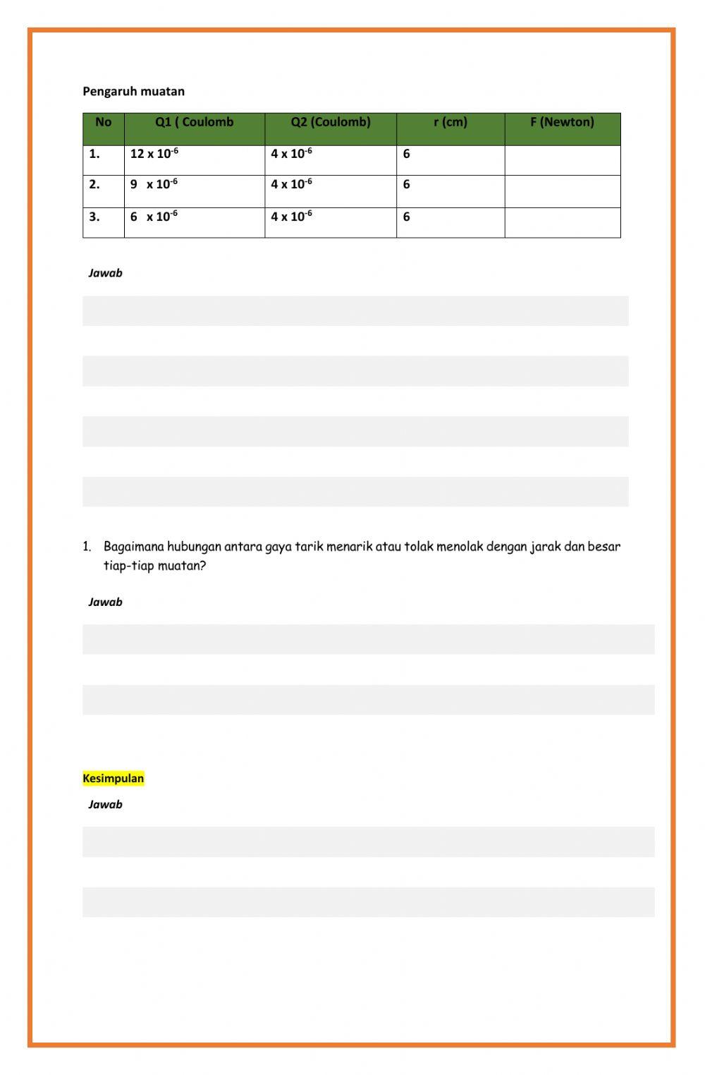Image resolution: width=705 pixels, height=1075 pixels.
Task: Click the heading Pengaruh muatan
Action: coord(133,91)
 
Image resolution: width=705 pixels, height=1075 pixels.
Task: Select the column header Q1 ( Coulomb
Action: coord(194,122)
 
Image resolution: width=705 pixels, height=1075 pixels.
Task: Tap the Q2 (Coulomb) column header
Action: coord(330,122)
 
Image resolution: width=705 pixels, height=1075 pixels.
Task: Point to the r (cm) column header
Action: coord(450,122)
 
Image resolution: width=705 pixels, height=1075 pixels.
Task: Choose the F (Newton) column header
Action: coord(562,122)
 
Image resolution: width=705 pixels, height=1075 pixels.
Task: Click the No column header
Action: coord(103,122)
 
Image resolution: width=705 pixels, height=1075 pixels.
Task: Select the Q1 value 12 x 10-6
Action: coord(154,154)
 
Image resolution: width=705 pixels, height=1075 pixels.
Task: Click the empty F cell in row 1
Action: coord(562,160)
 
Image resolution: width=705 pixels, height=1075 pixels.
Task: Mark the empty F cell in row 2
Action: coord(562,191)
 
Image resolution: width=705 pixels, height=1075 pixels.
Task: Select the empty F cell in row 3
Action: coord(562,222)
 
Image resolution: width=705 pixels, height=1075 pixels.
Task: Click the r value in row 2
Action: coord(406,185)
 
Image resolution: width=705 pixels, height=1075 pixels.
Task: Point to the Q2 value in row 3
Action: coord(291,217)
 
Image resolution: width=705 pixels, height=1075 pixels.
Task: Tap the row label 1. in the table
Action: coord(94,154)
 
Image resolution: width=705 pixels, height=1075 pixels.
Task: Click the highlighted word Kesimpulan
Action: coord(113,779)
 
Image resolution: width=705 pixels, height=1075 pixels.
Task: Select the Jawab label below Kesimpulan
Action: coord(105,804)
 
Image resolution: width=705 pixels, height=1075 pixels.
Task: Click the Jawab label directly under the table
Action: coord(105,273)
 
